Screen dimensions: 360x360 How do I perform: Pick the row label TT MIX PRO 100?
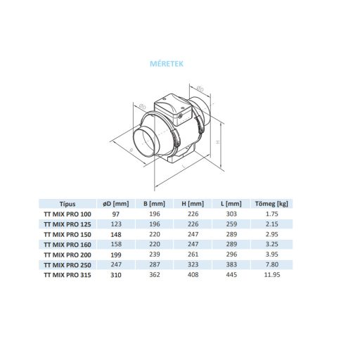point(67,214)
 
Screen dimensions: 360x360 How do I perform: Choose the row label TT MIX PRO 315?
point(67,275)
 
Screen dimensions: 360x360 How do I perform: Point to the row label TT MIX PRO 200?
point(67,255)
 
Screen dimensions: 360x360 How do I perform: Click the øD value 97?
point(117,214)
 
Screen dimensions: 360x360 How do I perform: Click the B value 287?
point(155,265)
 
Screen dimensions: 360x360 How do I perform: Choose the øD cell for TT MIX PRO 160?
point(117,245)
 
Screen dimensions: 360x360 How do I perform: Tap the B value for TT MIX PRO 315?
point(155,275)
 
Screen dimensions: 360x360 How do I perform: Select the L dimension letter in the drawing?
point(181,169)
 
